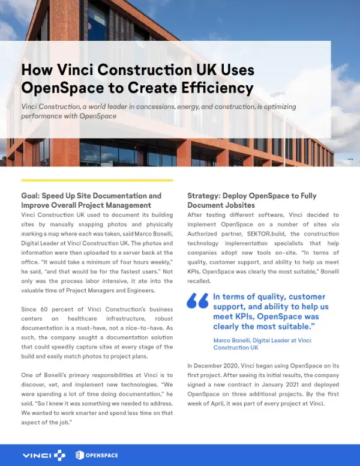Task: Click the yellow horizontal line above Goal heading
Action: coord(97,180)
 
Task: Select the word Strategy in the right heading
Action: coord(203,196)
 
